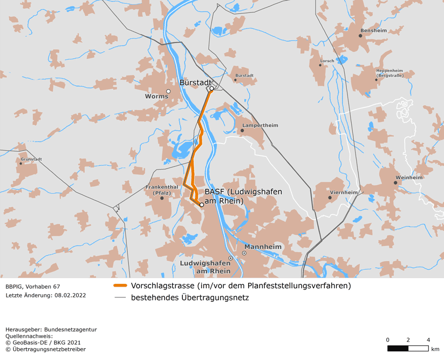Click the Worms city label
pos(156,97)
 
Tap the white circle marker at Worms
pos(168,91)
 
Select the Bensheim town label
pos(373,31)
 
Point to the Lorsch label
pos(327,61)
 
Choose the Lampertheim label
pos(260,125)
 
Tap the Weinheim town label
pos(409,177)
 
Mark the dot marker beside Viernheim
pos(330,197)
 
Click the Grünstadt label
pos(31,159)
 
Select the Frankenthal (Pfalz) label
pos(158,189)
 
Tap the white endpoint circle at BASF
pos(202,205)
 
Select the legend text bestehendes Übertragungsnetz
pos(189,297)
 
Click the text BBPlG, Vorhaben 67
pos(33,286)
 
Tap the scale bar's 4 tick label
pos(428,339)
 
